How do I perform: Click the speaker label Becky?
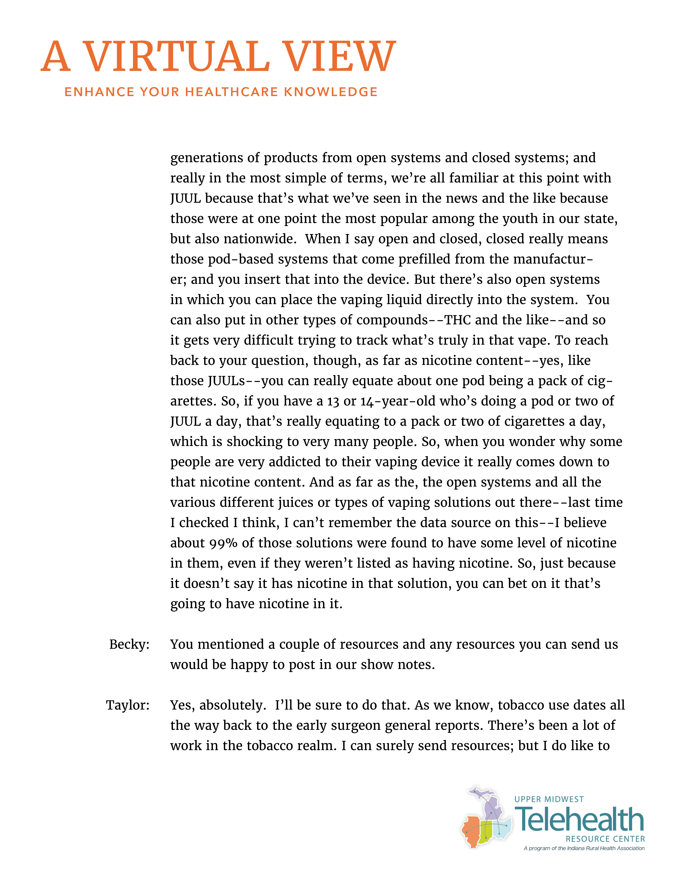[x=129, y=644]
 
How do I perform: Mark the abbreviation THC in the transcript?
[x=457, y=320]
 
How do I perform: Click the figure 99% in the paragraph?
[x=224, y=543]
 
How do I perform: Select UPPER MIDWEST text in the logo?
[x=549, y=799]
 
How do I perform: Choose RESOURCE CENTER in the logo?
[x=605, y=839]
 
